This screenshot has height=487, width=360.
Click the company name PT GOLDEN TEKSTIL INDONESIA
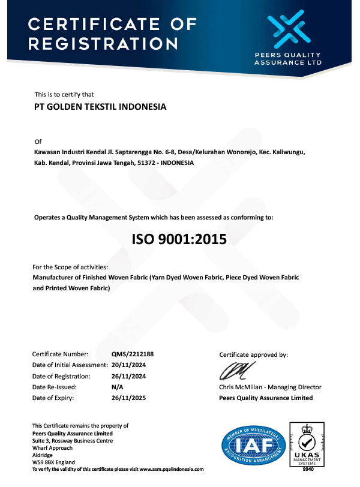pyautogui.click(x=100, y=107)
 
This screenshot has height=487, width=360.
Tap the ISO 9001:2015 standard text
pyautogui.click(x=179, y=240)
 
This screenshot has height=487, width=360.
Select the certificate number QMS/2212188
pyautogui.click(x=128, y=354)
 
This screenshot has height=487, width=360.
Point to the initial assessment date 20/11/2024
pyautogui.click(x=128, y=365)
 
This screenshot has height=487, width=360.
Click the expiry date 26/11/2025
pyautogui.click(x=128, y=398)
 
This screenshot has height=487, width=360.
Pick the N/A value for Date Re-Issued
pyautogui.click(x=118, y=387)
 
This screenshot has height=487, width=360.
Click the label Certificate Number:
pyautogui.click(x=60, y=354)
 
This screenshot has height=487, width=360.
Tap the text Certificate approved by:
pyautogui.click(x=254, y=354)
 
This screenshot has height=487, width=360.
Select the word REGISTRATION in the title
pyautogui.click(x=103, y=44)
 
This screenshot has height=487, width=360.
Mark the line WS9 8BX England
pyautogui.click(x=53, y=462)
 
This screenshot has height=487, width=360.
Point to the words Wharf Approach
pyautogui.click(x=53, y=448)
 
